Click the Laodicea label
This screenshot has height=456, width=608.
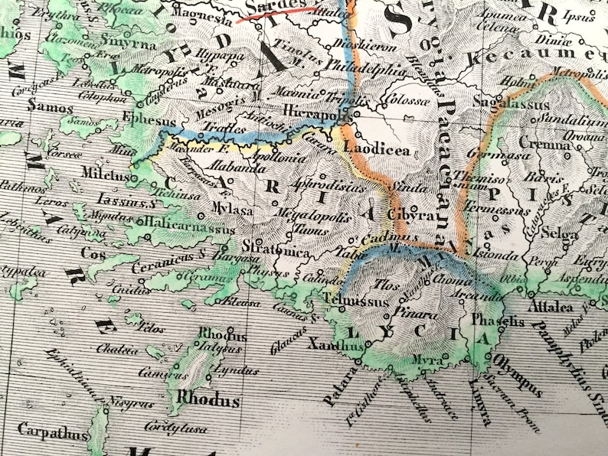(x=377, y=151)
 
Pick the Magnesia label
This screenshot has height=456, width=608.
(x=203, y=14)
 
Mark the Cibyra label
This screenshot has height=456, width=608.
(x=412, y=216)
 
